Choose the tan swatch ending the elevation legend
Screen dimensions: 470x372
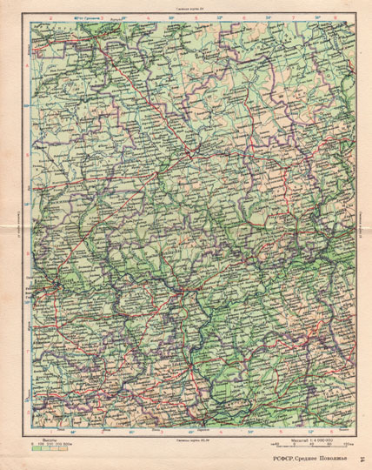click(x=65, y=447)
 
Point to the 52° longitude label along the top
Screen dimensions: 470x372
click(x=219, y=18)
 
